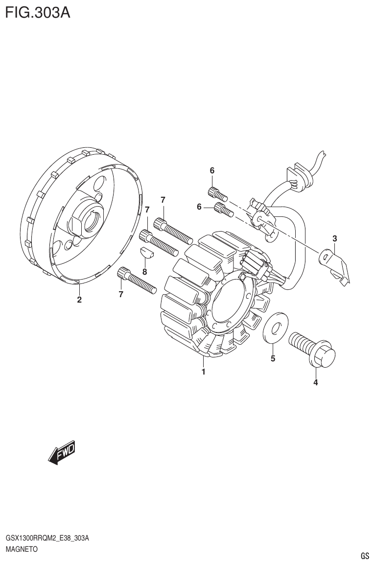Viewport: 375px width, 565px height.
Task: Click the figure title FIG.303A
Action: pyautogui.click(x=37, y=12)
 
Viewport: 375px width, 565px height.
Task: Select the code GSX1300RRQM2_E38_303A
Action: pyautogui.click(x=47, y=539)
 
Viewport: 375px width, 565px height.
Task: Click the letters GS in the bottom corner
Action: pyautogui.click(x=364, y=556)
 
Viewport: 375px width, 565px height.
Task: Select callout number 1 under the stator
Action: pyautogui.click(x=203, y=372)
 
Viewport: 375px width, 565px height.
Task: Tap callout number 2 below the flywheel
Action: pyautogui.click(x=79, y=300)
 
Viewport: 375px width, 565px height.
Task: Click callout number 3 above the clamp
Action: pyautogui.click(x=335, y=239)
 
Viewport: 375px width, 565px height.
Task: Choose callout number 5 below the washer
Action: pyautogui.click(x=273, y=359)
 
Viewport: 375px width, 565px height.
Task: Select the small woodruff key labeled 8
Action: pyautogui.click(x=146, y=253)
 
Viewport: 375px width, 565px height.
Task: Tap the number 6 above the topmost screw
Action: pyautogui.click(x=212, y=170)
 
